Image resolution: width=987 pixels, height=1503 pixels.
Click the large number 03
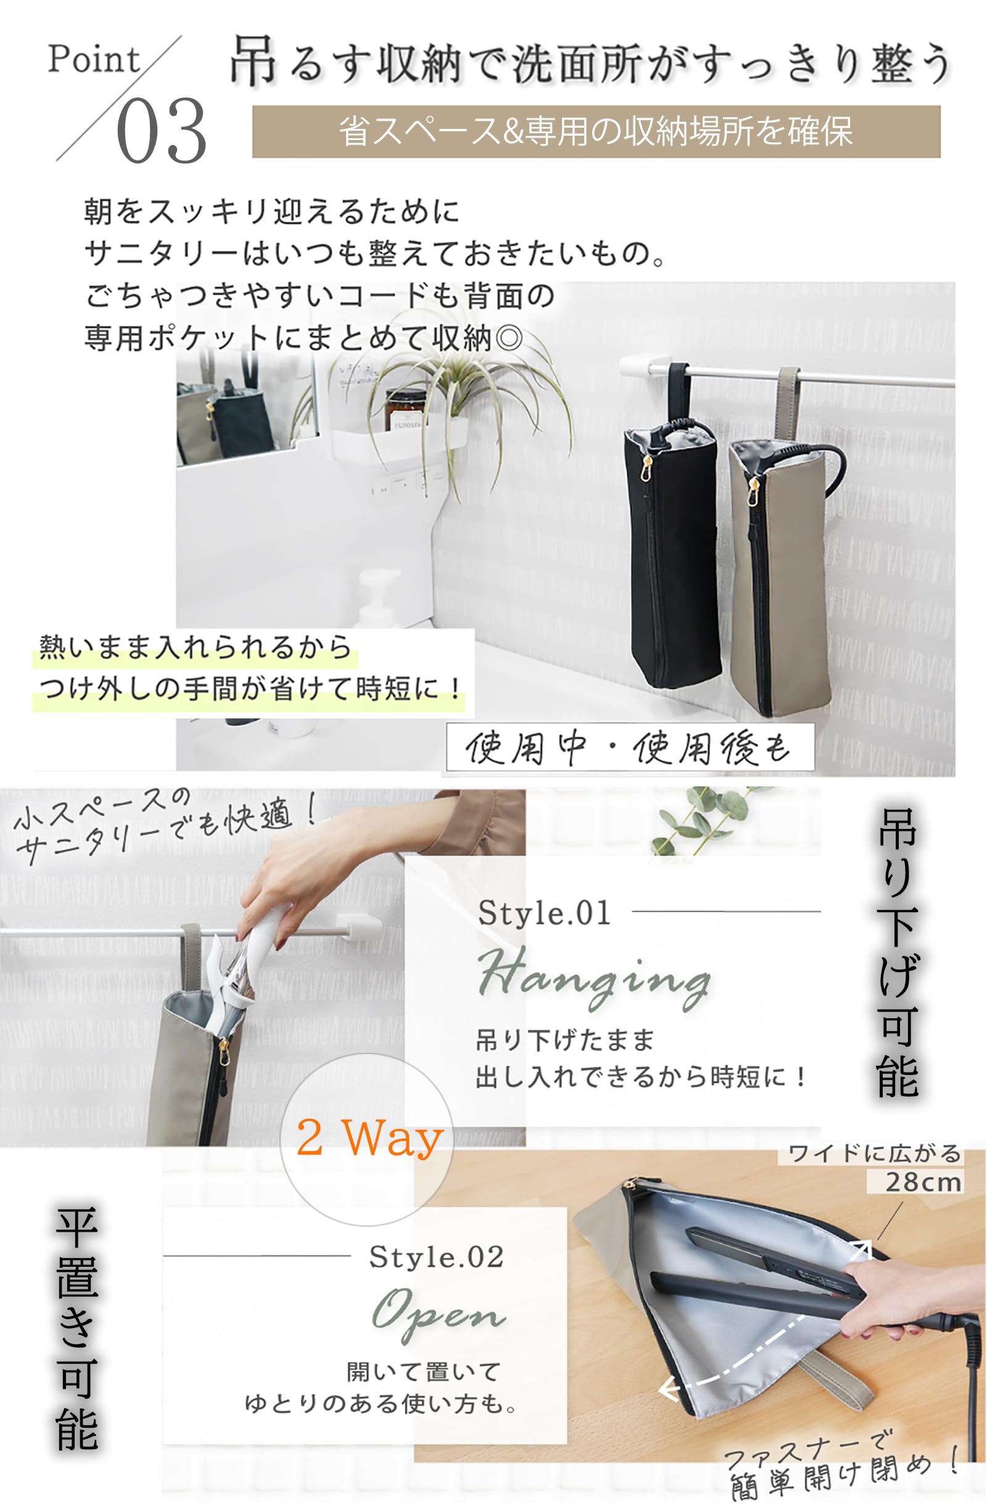[162, 131]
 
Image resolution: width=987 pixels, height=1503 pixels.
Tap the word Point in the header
[94, 59]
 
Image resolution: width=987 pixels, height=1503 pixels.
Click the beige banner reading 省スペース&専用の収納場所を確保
[596, 131]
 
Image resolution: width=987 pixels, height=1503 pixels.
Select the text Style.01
[544, 913]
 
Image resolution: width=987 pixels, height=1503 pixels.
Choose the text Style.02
[436, 1258]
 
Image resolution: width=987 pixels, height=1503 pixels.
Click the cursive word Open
[438, 1315]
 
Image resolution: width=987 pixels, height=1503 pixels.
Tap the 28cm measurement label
[923, 1182]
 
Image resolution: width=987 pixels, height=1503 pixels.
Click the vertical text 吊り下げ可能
[898, 953]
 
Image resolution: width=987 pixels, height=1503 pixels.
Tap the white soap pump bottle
[379, 597]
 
